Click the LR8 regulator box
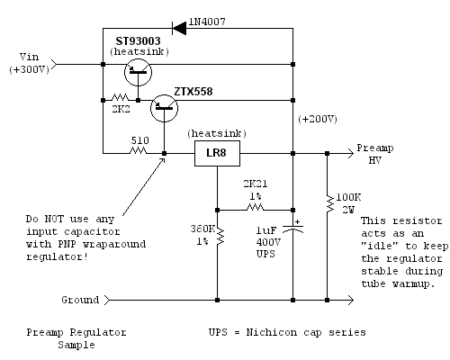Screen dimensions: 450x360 pyautogui.click(x=217, y=153)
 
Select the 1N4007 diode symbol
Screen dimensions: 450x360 pyautogui.click(x=179, y=29)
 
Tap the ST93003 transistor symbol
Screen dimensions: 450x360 pyautogui.click(x=138, y=72)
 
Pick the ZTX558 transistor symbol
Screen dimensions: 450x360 pyautogui.click(x=164, y=108)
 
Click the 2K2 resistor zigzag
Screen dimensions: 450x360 pyautogui.click(x=121, y=98)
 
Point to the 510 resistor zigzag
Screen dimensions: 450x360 pyautogui.click(x=139, y=150)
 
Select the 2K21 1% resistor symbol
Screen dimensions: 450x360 pyautogui.click(x=255, y=207)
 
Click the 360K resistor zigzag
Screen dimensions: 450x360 pyautogui.click(x=220, y=236)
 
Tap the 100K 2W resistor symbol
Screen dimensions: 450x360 pyautogui.click(x=330, y=204)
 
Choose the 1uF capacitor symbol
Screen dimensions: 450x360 pyautogui.click(x=293, y=229)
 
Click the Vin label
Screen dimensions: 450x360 pyautogui.click(x=29, y=57)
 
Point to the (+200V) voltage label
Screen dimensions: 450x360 pyautogui.click(x=318, y=119)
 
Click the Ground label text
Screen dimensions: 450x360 pyautogui.click(x=80, y=300)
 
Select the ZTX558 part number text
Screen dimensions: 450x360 pyautogui.click(x=193, y=92)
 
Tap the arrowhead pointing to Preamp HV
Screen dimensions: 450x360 pyautogui.click(x=350, y=153)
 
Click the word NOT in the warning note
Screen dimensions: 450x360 pyautogui.click(x=54, y=219)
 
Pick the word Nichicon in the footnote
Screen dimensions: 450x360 pyautogui.click(x=272, y=332)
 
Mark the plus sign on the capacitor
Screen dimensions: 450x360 pyautogui.click(x=297, y=221)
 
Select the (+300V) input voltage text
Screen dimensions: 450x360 pyautogui.click(x=29, y=69)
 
